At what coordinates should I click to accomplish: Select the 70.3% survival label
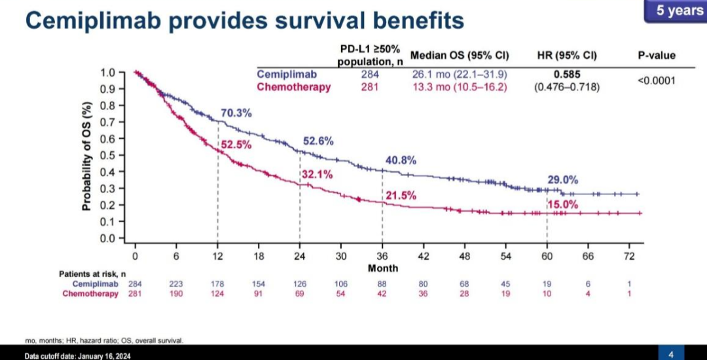236,113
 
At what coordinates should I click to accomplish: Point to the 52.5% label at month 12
236,145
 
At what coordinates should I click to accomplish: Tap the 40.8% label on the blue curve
401,160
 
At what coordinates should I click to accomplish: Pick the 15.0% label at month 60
564,204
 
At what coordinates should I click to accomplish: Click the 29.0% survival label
563,179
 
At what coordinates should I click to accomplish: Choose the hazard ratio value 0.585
567,75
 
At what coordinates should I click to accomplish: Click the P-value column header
657,56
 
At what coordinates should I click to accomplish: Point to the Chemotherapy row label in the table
293,87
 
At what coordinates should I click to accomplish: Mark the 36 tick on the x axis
382,256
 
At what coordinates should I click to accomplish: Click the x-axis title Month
382,268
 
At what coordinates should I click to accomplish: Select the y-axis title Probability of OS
86,155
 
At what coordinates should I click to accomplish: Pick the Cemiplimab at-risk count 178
217,283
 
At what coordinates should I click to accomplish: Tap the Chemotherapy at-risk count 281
134,294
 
